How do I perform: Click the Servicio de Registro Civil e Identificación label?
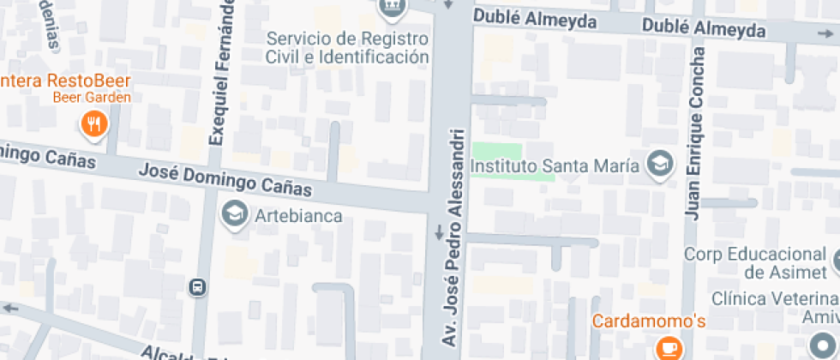point(346,48)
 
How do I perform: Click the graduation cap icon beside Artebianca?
point(233,215)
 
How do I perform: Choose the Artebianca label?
point(299,216)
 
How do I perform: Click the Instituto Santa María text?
point(556,165)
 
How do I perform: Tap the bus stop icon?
point(198,287)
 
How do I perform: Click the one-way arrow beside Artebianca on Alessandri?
point(439,231)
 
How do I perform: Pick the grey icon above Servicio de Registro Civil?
point(392,7)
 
